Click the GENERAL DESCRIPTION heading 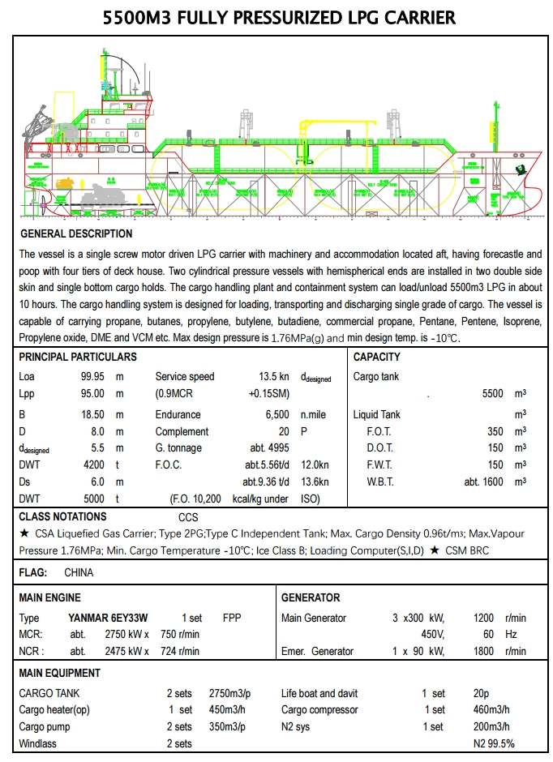pos(76,233)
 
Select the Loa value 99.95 pos(90,377)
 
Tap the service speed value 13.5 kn pos(273,377)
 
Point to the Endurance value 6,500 pos(277,414)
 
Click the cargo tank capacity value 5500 pos(492,393)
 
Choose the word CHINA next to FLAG pos(79,572)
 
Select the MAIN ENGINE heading pos(50,598)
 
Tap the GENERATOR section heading pos(311,598)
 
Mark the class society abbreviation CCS pos(188,517)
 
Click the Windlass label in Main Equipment pos(38,743)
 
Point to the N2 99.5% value pos(494,743)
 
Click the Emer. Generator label pos(317,651)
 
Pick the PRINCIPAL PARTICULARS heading pos(78,357)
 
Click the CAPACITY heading pos(377,357)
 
